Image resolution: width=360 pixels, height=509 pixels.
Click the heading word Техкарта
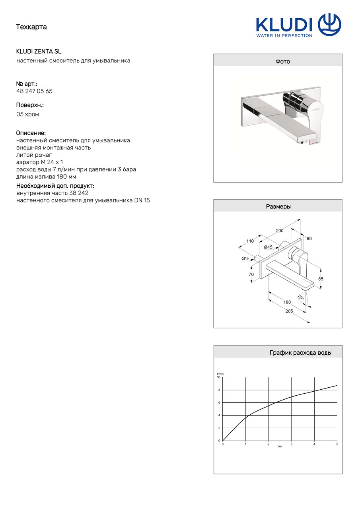tap(31, 27)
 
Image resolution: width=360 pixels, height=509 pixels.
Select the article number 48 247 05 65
tap(34, 91)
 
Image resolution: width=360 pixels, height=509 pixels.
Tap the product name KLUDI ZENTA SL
tap(39, 51)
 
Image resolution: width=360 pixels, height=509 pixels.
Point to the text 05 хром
tap(27, 114)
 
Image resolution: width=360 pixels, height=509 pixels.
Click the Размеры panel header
tap(278, 206)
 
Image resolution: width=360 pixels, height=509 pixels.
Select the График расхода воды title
tap(300, 353)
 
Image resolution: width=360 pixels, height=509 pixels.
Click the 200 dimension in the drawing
tap(280, 231)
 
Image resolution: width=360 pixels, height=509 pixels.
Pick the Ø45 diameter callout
tap(268, 247)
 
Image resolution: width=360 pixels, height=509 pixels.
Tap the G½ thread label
tap(245, 258)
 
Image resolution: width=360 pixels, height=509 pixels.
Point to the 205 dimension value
tap(289, 311)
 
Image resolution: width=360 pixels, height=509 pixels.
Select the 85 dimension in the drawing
tap(321, 279)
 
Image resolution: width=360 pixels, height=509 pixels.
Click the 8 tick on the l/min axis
tap(219, 390)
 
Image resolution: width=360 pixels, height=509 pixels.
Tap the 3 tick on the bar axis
tap(291, 444)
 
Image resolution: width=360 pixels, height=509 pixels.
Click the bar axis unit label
tap(280, 447)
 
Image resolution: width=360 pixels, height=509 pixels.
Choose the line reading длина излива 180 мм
tap(46, 177)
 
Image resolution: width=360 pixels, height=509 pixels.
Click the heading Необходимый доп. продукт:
tap(55, 186)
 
